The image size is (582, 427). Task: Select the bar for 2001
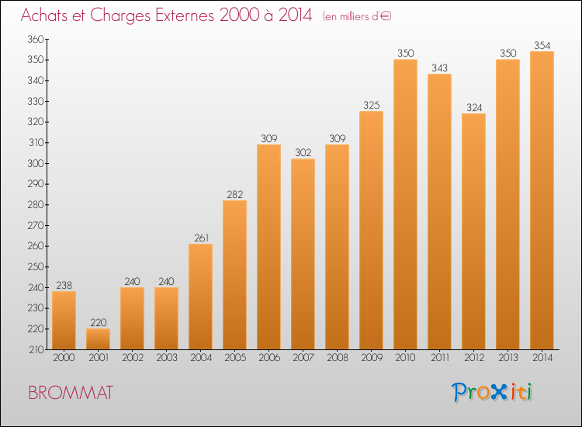(x=98, y=338)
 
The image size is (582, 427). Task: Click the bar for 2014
(x=542, y=200)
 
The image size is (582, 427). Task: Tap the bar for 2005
(x=234, y=275)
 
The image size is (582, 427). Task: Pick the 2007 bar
(x=303, y=254)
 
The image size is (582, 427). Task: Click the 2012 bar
(x=473, y=231)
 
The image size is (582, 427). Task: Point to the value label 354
(x=542, y=45)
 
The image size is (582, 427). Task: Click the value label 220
(x=98, y=322)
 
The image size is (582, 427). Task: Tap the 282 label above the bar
(x=234, y=194)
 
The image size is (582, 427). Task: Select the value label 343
(x=439, y=68)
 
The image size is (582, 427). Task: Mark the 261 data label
(x=201, y=238)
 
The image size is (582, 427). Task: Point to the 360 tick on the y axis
(x=36, y=39)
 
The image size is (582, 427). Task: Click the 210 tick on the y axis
(x=36, y=349)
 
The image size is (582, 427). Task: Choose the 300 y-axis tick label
(x=36, y=163)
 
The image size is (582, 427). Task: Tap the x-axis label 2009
(x=372, y=357)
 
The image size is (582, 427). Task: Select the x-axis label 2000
(x=64, y=357)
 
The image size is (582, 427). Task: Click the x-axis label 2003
(x=167, y=357)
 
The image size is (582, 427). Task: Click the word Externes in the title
(x=185, y=15)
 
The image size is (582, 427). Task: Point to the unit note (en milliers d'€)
(x=357, y=16)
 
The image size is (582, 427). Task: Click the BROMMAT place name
(x=71, y=393)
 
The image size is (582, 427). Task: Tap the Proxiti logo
(x=492, y=392)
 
